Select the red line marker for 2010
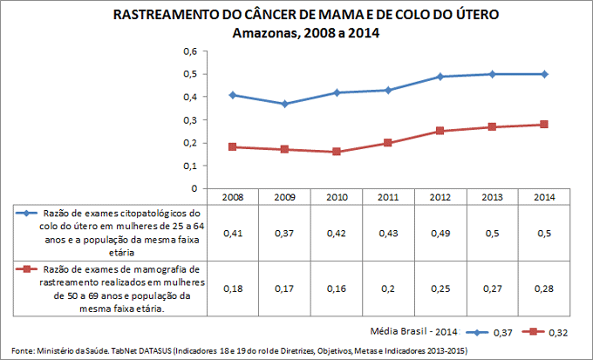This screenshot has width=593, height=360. click(337, 152)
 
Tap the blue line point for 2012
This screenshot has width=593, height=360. click(440, 77)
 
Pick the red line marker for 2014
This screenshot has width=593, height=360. click(543, 125)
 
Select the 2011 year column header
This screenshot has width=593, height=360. click(388, 197)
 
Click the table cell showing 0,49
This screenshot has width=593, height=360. click(440, 233)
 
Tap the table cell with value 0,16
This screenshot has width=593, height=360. click(337, 288)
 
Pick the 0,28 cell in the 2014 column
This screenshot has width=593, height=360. click(543, 288)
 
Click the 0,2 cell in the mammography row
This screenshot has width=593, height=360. click(388, 288)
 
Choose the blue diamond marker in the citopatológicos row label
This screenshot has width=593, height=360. click(27, 213)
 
